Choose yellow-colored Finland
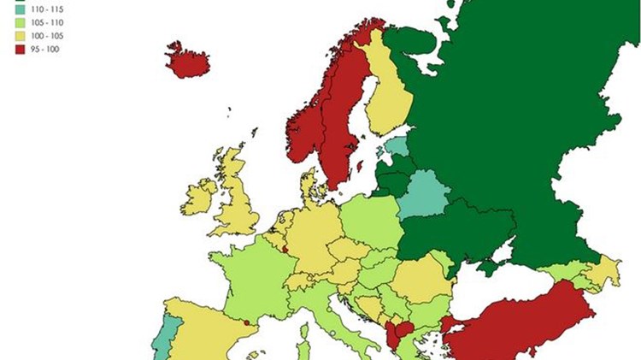coord(384,94)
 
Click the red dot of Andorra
coord(246,323)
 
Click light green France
coord(248,278)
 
